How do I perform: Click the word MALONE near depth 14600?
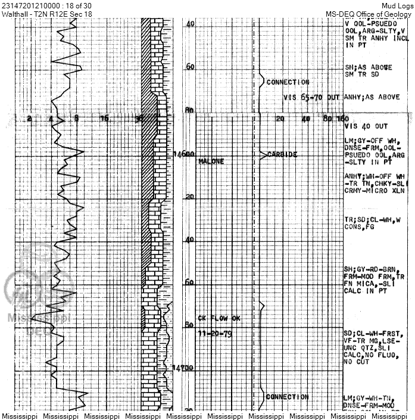tap(211, 161)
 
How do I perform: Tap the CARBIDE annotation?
tap(282, 154)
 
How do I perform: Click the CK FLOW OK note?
tap(219, 319)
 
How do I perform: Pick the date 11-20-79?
tap(215, 333)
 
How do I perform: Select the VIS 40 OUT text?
tap(366, 126)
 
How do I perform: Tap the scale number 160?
tap(342, 119)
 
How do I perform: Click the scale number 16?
tap(104, 119)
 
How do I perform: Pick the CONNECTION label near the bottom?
tap(287, 397)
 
